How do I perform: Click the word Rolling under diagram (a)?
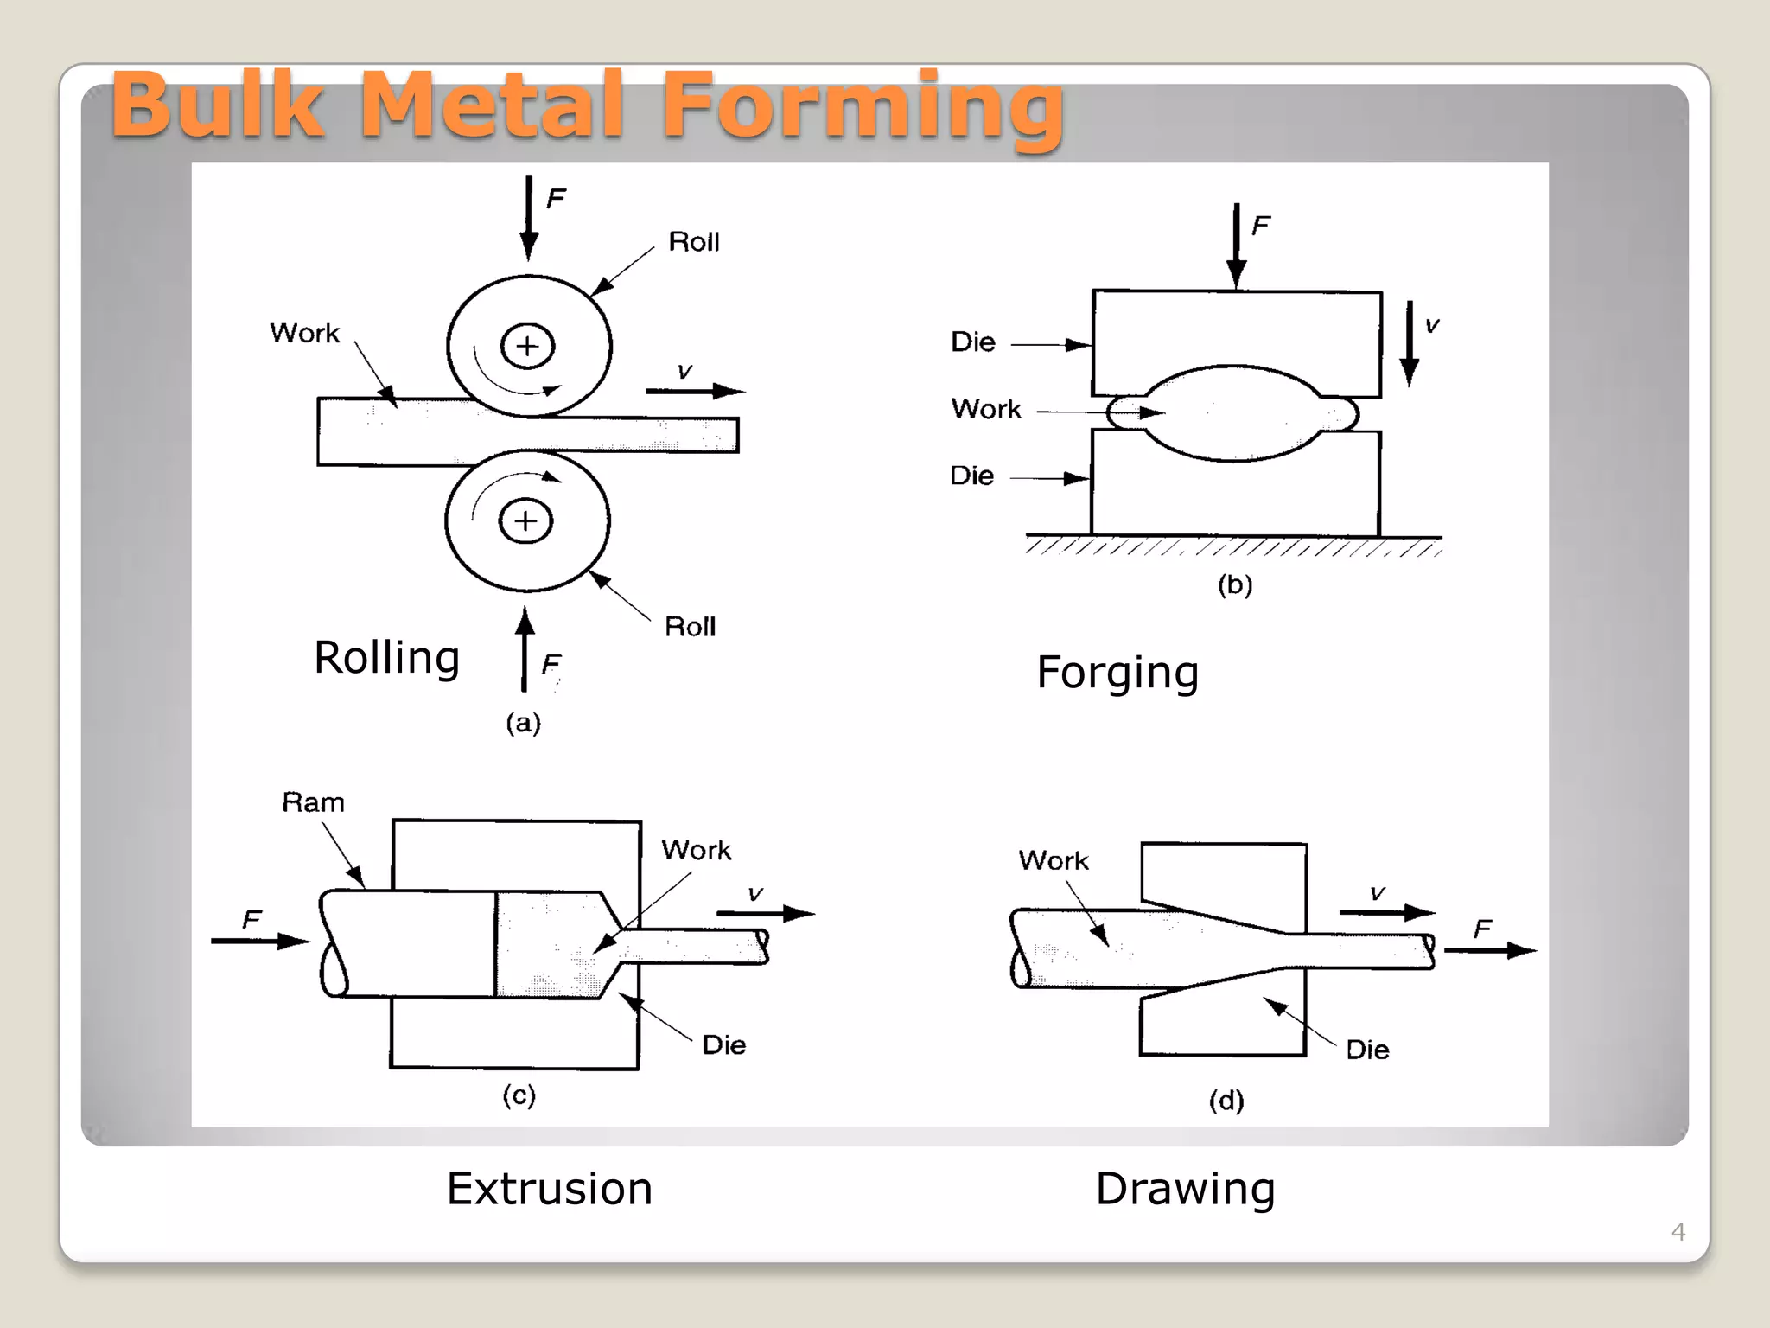tap(386, 658)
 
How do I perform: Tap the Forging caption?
tap(1117, 673)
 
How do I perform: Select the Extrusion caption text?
tap(549, 1189)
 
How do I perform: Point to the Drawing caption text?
tap(1185, 1189)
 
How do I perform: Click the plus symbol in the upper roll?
tap(527, 347)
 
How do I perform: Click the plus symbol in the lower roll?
tap(525, 521)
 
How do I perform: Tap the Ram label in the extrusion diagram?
tap(313, 802)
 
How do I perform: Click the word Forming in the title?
tap(862, 105)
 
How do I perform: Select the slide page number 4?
tap(1678, 1231)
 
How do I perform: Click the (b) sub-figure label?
tap(1235, 585)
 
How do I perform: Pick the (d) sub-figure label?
tap(1226, 1101)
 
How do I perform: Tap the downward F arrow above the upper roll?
tap(529, 216)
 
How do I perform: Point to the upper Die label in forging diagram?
tap(973, 342)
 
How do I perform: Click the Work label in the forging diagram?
tap(986, 409)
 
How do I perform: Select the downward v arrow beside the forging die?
tap(1409, 344)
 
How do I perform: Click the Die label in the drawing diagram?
tap(1367, 1050)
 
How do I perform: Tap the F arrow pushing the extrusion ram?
tap(259, 941)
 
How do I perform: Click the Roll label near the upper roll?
tap(693, 242)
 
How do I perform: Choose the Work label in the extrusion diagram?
tap(696, 850)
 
